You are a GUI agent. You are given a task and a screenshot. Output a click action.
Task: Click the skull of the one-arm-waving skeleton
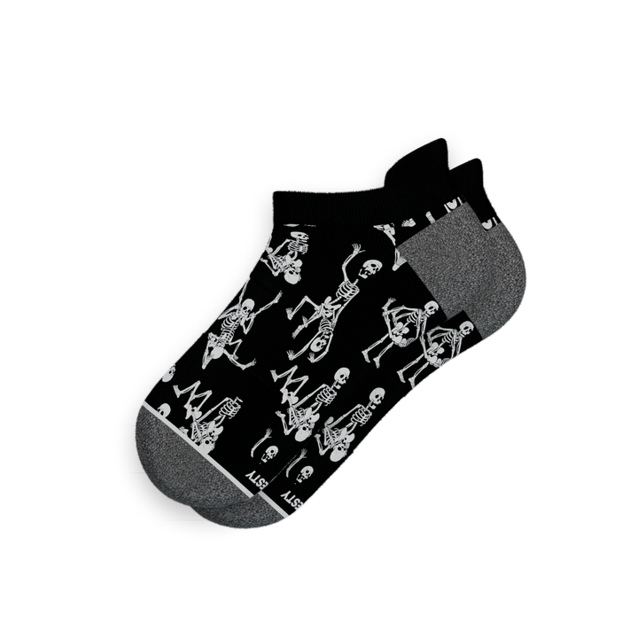pos(371,266)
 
